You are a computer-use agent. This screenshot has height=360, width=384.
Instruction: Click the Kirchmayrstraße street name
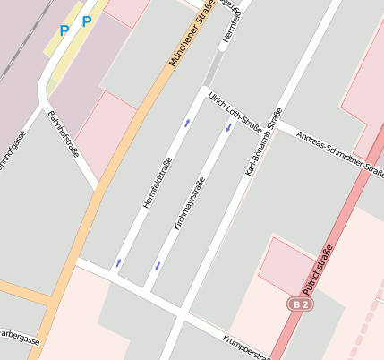tap(190, 204)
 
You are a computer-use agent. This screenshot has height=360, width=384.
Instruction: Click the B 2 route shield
tap(302, 304)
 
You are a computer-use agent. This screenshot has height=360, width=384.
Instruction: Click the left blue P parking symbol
tap(64, 30)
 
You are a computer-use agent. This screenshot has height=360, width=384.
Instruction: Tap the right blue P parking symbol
tap(86, 21)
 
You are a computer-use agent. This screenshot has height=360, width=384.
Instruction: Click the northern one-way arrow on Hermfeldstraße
tap(187, 123)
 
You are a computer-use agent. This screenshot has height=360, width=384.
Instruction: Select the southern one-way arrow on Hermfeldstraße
tap(119, 263)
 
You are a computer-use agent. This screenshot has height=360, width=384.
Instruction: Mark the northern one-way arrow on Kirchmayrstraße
tap(228, 127)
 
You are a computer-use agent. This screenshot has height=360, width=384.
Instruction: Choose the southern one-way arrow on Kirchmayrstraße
tap(158, 265)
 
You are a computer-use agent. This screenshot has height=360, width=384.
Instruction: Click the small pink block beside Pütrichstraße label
tap(286, 263)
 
